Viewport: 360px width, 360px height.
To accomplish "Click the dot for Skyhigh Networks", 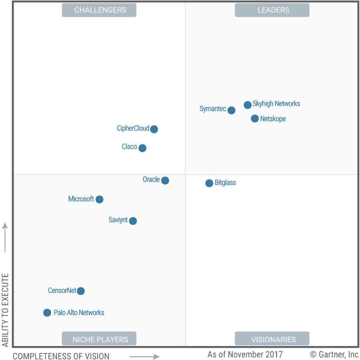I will [247, 105].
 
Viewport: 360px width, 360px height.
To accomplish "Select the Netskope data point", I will [255, 119].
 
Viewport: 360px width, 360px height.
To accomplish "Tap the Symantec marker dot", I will [231, 110].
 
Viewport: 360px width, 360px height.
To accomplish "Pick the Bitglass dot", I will [209, 183].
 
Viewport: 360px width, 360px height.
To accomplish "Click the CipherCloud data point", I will [154, 129].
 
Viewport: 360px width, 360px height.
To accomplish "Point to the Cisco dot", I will [142, 148].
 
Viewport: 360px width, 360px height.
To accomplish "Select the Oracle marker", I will [165, 180].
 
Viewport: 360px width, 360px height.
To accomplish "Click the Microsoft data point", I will [99, 199].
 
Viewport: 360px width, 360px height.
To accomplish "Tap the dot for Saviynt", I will [133, 221].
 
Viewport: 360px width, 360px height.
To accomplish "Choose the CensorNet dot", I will [81, 291].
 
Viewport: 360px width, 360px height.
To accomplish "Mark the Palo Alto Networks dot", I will [47, 313].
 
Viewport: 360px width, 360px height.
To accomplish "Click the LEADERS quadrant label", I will [272, 10].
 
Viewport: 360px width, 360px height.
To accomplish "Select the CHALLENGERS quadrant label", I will [99, 10].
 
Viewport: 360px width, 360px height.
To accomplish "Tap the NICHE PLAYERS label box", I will [99, 339].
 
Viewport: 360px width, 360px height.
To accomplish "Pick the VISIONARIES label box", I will [272, 339].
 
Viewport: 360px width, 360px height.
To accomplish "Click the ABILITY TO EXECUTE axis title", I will [6, 310].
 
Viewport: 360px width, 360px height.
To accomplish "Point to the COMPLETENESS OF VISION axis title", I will [61, 356].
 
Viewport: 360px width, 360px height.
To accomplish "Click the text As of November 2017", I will [245, 354].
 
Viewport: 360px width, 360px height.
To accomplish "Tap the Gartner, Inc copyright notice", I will [334, 354].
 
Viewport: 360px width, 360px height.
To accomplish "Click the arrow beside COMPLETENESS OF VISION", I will [144, 356].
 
